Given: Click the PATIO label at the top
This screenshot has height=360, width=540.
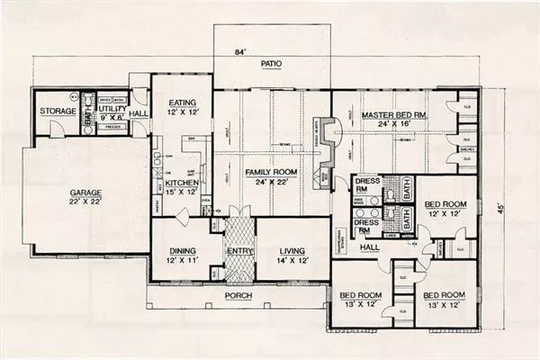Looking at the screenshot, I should (271, 65).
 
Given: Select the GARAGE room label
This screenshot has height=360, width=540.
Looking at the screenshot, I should (86, 193).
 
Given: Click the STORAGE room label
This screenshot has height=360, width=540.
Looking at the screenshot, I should (57, 111).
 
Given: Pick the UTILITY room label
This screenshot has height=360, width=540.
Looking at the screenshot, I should (112, 107).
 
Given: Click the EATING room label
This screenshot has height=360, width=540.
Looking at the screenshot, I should (181, 103).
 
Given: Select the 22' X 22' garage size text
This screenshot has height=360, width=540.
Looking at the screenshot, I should (86, 203).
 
